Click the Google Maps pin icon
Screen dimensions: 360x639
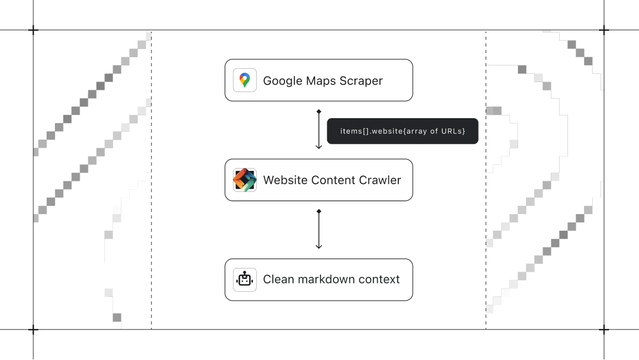(245, 80)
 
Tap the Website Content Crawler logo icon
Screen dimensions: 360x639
(245, 180)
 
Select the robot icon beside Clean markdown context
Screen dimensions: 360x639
(245, 280)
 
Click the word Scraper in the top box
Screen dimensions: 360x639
(361, 81)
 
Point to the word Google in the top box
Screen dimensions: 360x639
(282, 81)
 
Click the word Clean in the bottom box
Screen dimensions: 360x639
(278, 280)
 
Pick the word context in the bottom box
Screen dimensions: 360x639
(380, 280)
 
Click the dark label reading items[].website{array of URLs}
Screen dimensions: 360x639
(402, 131)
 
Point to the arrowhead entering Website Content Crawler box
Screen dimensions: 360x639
(319, 147)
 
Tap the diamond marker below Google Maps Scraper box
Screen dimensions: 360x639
(319, 111)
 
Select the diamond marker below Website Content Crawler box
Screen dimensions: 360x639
(319, 211)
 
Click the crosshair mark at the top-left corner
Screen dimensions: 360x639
(33, 30)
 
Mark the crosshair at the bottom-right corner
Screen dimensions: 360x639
(604, 329)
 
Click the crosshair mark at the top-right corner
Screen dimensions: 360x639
(604, 30)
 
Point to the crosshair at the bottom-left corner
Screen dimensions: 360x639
(33, 329)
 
